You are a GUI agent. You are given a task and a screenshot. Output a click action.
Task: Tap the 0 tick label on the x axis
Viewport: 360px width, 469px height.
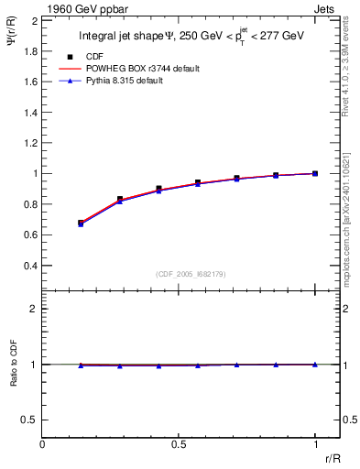(42, 445)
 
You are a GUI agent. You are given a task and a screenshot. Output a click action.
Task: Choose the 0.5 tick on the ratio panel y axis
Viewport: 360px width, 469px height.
(30, 420)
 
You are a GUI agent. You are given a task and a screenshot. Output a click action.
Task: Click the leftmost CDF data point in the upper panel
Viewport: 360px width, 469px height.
(82, 223)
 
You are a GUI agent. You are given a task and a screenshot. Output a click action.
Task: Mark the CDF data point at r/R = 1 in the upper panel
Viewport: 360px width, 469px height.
(315, 173)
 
